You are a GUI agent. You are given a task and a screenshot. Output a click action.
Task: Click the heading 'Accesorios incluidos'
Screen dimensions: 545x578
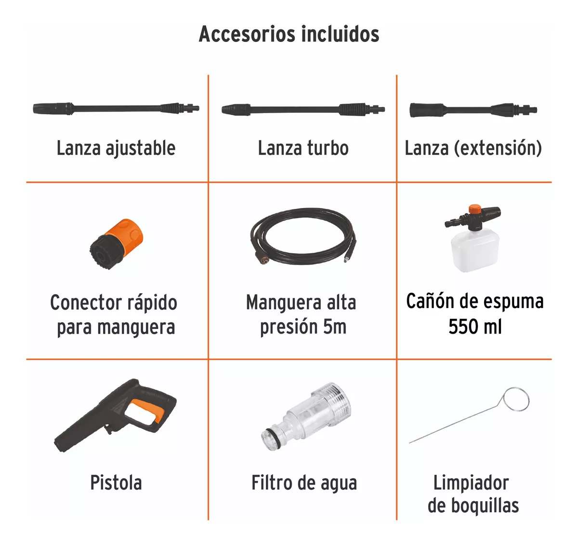pos(289,34)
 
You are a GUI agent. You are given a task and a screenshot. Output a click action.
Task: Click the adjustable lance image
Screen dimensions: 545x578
pos(116,108)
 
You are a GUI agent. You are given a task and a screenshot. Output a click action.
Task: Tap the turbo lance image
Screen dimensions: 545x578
pos(303,109)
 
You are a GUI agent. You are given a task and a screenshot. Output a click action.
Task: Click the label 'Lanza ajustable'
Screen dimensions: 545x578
pos(116,148)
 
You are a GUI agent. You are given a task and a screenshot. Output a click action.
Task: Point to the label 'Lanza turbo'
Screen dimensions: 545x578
pos(303,148)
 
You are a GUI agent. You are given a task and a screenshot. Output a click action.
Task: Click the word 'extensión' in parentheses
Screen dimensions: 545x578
pos(499,148)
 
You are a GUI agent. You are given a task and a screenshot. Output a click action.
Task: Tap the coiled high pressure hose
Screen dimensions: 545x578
pos(302,236)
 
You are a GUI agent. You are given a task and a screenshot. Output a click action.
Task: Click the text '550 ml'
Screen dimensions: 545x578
pos(475,327)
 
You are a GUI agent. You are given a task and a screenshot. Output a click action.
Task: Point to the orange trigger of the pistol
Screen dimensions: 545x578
pos(147,410)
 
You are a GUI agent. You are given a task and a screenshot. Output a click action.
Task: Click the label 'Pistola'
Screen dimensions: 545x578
pos(116,482)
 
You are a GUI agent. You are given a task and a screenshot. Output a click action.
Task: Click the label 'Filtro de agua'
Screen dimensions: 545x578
pos(304,482)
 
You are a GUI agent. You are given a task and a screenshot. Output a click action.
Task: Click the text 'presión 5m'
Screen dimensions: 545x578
pos(303,327)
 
